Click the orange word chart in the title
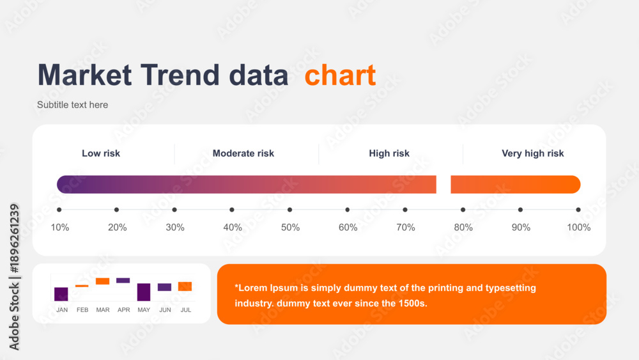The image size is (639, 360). tap(340, 75)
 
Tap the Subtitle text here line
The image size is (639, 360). tap(73, 105)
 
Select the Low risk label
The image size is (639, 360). tap(101, 153)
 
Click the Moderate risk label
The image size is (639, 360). tap(243, 153)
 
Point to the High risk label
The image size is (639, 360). tap(389, 153)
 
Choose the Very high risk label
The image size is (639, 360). tap(533, 153)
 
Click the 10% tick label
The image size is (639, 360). tap(60, 228)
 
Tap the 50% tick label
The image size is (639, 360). tap(290, 228)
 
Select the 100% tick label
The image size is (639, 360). tap(579, 228)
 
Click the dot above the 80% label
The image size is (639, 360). tap(463, 210)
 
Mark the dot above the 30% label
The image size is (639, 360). tap(174, 210)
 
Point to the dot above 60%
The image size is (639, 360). tap(347, 210)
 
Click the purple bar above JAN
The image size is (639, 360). tap(61, 294)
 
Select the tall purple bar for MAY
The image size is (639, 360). tap(144, 292)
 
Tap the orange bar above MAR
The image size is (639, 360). tap(103, 281)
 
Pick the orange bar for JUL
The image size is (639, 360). tap(185, 286)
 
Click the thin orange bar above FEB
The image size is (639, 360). tap(82, 286)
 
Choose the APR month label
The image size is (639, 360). tap(123, 310)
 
